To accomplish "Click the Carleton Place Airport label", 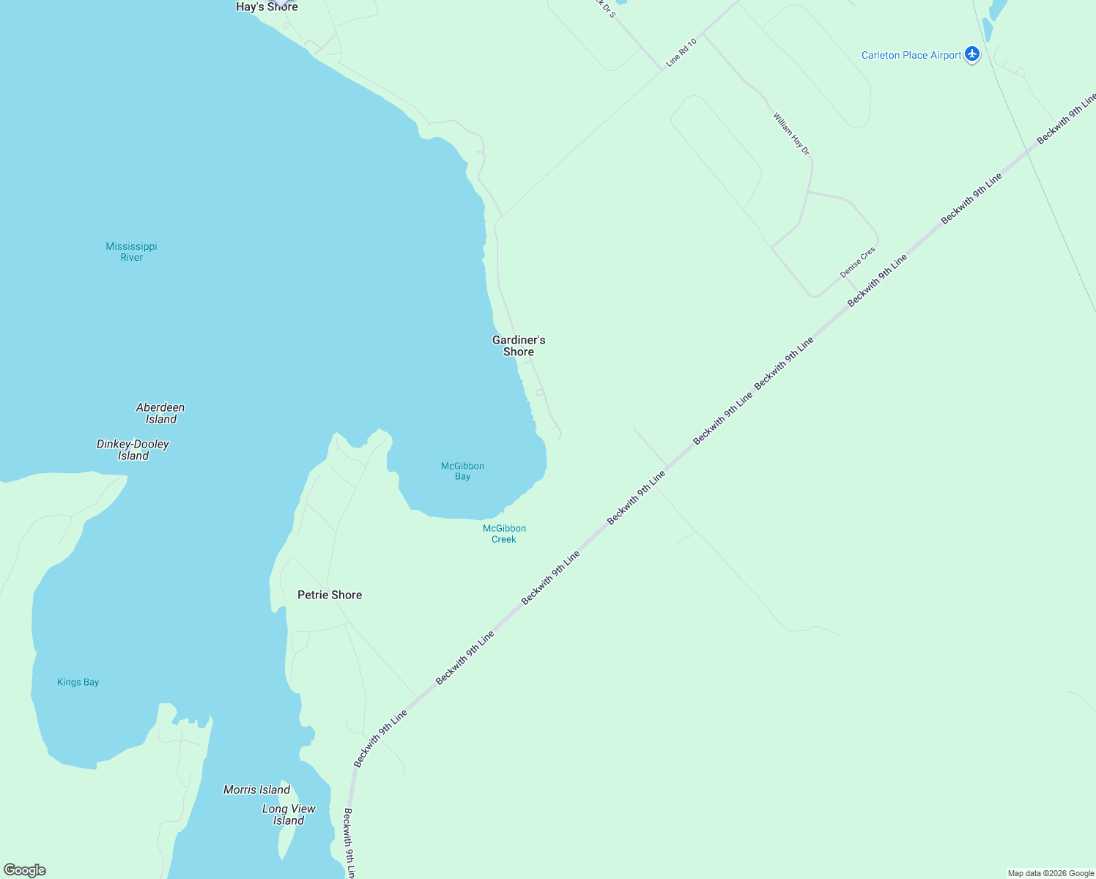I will pos(911,55).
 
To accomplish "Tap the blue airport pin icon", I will pos(972,53).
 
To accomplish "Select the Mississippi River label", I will pos(131,251).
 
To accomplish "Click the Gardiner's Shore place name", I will pos(519,346).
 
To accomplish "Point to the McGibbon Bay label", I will pos(462,471).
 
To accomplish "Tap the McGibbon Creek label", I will pos(504,533).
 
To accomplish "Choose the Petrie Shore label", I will pos(330,595).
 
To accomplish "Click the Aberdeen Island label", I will pos(160,413).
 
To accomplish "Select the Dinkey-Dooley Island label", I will pos(133,450).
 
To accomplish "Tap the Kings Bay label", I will pos(78,682).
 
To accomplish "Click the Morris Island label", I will pos(256,790).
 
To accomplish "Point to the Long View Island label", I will pos(289,815).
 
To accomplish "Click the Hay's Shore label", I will pos(267,7).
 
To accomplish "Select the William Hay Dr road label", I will pos(791,133).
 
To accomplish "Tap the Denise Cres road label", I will pos(857,262).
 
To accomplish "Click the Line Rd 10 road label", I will pos(681,53).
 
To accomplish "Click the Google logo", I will pos(25,870).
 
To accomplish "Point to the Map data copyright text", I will pos(1051,873).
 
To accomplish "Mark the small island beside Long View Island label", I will pos(284,842).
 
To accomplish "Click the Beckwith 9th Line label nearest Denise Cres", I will pos(877,280).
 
